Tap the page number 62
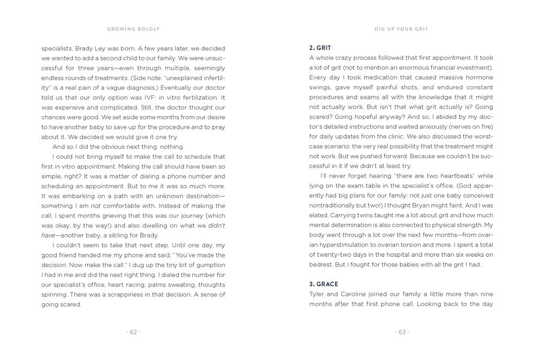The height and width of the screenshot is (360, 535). point(133,332)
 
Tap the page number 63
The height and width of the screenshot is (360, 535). point(401,332)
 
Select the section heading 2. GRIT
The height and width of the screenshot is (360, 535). point(320,48)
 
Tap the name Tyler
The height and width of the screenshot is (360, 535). point(319,294)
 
